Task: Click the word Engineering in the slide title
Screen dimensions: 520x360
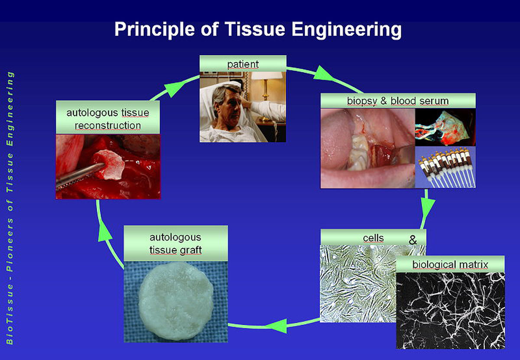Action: [x=346, y=30]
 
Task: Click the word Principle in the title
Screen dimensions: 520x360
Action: [x=155, y=30]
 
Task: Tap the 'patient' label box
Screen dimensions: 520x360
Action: [x=243, y=64]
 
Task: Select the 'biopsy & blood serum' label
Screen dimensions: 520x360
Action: [x=398, y=101]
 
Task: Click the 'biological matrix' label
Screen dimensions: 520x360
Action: [x=450, y=264]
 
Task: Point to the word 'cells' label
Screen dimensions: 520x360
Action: [x=373, y=238]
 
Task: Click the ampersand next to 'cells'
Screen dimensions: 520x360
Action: [x=413, y=240]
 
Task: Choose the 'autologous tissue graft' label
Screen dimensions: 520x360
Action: [x=176, y=243]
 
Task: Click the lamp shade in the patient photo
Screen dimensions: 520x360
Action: [x=267, y=76]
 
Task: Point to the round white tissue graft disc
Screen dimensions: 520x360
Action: [x=176, y=301]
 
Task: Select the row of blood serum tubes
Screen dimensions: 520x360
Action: [x=445, y=168]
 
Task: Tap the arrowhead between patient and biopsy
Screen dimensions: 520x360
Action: [x=323, y=74]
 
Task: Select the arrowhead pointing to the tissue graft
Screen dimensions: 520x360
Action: [x=277, y=326]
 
